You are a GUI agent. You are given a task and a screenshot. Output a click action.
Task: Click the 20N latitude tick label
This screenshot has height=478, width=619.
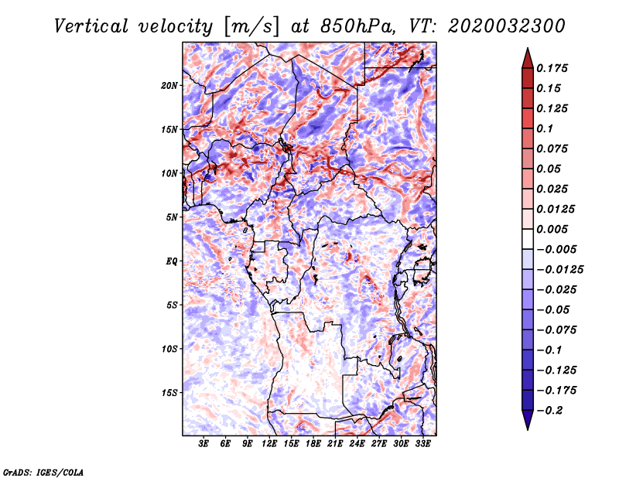(x=169, y=86)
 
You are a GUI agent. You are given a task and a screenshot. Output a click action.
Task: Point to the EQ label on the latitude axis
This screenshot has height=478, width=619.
(x=171, y=261)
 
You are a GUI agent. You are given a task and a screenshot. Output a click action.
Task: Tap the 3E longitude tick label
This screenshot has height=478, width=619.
(x=203, y=444)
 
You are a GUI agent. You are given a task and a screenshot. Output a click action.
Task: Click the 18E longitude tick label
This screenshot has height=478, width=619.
(x=313, y=444)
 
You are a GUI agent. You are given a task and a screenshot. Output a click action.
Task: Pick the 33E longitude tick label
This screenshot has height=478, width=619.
(x=422, y=444)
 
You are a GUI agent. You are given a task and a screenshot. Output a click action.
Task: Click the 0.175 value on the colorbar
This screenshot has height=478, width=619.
(x=552, y=68)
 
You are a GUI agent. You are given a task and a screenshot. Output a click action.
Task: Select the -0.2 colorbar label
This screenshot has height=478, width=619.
(x=549, y=411)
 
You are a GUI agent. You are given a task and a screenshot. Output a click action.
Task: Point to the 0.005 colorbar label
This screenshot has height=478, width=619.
(x=552, y=229)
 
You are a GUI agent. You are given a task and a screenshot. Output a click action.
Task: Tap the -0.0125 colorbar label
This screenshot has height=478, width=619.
(x=559, y=270)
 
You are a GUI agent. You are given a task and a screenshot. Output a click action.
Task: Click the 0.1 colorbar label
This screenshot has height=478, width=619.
(x=545, y=128)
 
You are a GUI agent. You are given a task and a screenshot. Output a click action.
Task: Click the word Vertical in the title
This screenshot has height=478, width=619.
(x=91, y=26)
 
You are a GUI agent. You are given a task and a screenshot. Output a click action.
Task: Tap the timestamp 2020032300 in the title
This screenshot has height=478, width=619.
(x=507, y=26)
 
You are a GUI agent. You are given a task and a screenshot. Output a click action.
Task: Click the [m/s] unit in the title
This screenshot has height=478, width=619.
(x=251, y=27)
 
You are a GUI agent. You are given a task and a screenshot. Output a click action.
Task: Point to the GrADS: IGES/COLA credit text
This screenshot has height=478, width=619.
(x=43, y=472)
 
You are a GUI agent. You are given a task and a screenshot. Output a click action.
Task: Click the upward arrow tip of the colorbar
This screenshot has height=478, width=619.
(x=528, y=48)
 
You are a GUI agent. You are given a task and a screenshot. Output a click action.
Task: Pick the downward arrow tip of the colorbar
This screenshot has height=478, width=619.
(x=528, y=430)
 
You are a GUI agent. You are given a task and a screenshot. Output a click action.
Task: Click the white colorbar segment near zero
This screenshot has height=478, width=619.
(x=528, y=239)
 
